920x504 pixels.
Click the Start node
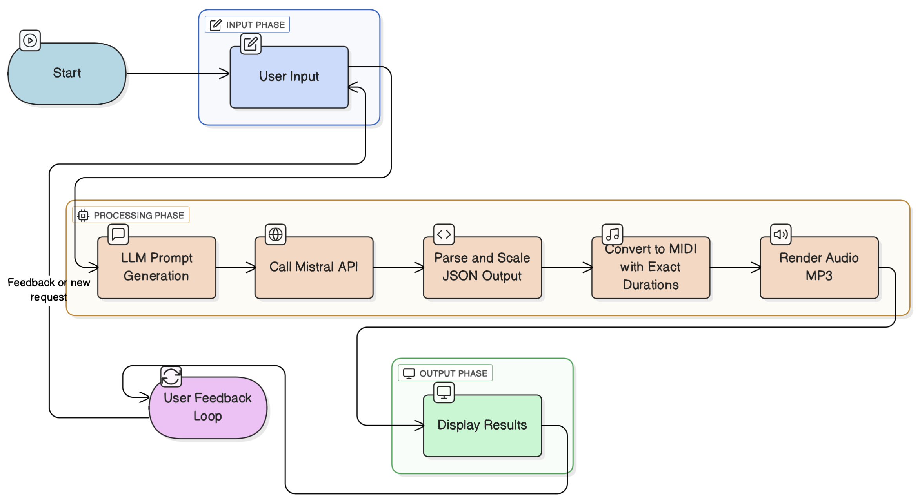[67, 74]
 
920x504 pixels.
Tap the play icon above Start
[30, 40]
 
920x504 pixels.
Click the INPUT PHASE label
[247, 25]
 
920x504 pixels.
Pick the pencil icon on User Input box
[251, 44]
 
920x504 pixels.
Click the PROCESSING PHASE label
[131, 215]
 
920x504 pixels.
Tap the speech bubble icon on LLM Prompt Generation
[118, 234]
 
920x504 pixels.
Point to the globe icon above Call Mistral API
[275, 234]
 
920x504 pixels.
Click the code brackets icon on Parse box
[444, 234]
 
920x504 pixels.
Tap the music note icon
[612, 234]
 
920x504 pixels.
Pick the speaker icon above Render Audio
[780, 234]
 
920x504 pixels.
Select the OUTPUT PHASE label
[445, 373]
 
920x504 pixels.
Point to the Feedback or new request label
[49, 290]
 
